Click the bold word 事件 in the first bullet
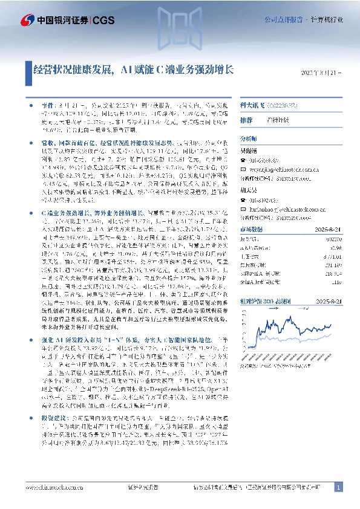(47, 104)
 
